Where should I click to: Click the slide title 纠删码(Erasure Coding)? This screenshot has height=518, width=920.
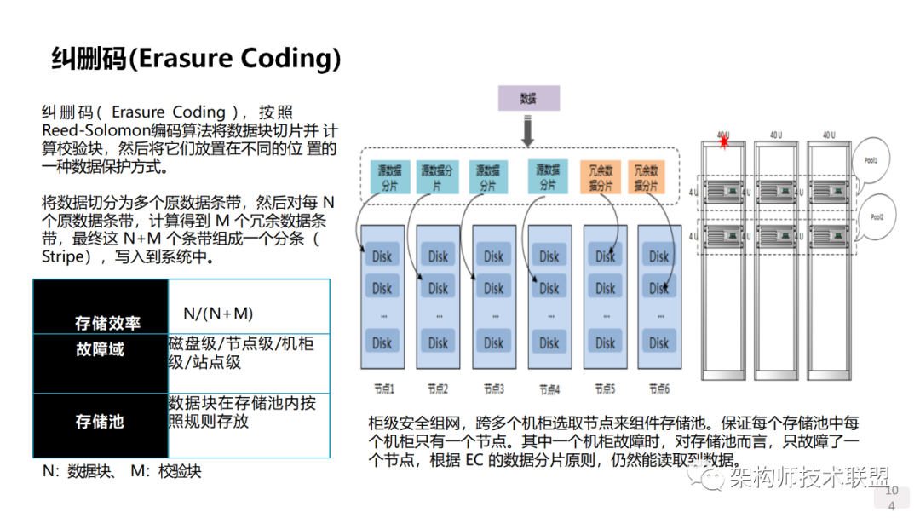[196, 58]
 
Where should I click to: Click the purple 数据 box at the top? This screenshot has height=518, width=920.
[528, 98]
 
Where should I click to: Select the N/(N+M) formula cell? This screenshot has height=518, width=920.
[218, 314]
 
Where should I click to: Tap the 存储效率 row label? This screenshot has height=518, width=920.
[107, 323]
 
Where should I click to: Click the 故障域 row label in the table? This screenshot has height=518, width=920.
[100, 349]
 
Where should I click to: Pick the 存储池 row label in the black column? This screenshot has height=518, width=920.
[100, 421]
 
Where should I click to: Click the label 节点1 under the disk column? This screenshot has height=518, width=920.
[383, 388]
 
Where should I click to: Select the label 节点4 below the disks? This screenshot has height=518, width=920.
[549, 389]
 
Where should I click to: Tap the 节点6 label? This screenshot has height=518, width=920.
[658, 388]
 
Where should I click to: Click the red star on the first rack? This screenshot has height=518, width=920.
[725, 141]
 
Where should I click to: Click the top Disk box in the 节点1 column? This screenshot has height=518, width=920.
[382, 256]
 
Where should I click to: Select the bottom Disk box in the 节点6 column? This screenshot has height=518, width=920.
[658, 342]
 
